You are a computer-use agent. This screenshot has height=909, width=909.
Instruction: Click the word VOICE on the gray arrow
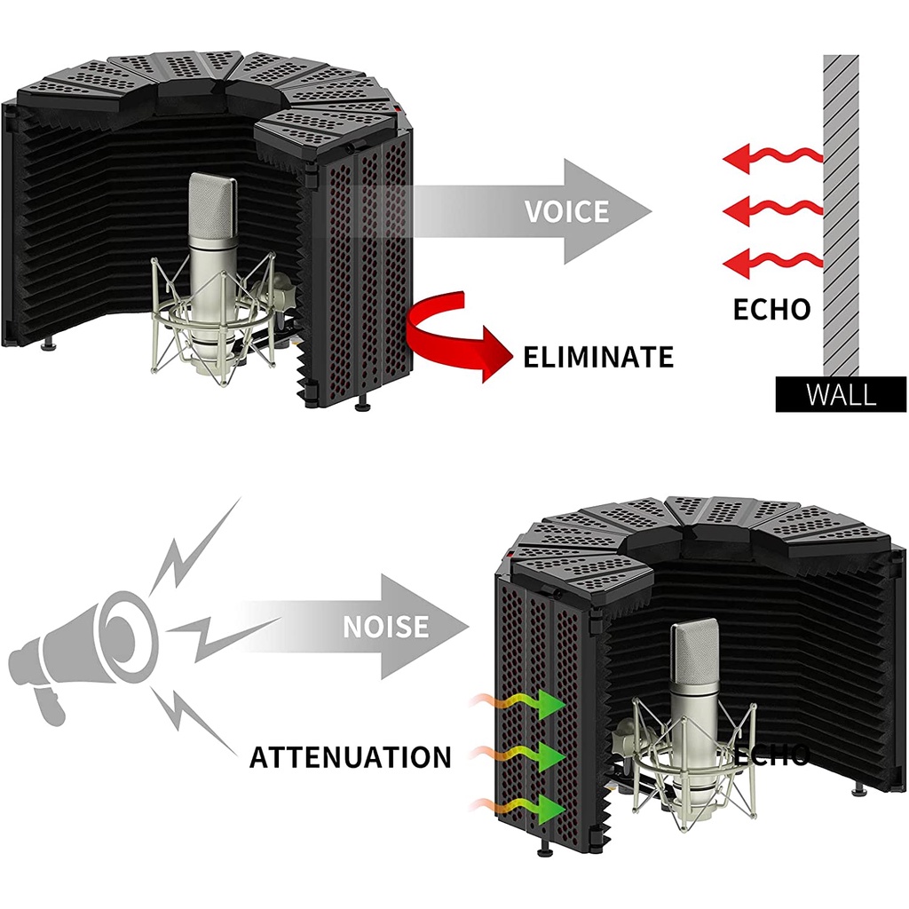(566, 211)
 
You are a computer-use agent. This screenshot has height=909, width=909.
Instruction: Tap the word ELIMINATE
(598, 357)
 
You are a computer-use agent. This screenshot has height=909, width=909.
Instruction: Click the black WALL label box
(841, 393)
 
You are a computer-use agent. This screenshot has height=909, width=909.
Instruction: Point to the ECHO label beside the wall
(771, 308)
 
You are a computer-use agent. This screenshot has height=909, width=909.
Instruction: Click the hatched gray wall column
(841, 213)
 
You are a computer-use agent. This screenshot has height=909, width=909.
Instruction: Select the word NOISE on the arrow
(385, 627)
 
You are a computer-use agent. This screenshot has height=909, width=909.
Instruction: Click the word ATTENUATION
(350, 757)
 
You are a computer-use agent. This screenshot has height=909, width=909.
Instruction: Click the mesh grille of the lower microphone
(694, 657)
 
